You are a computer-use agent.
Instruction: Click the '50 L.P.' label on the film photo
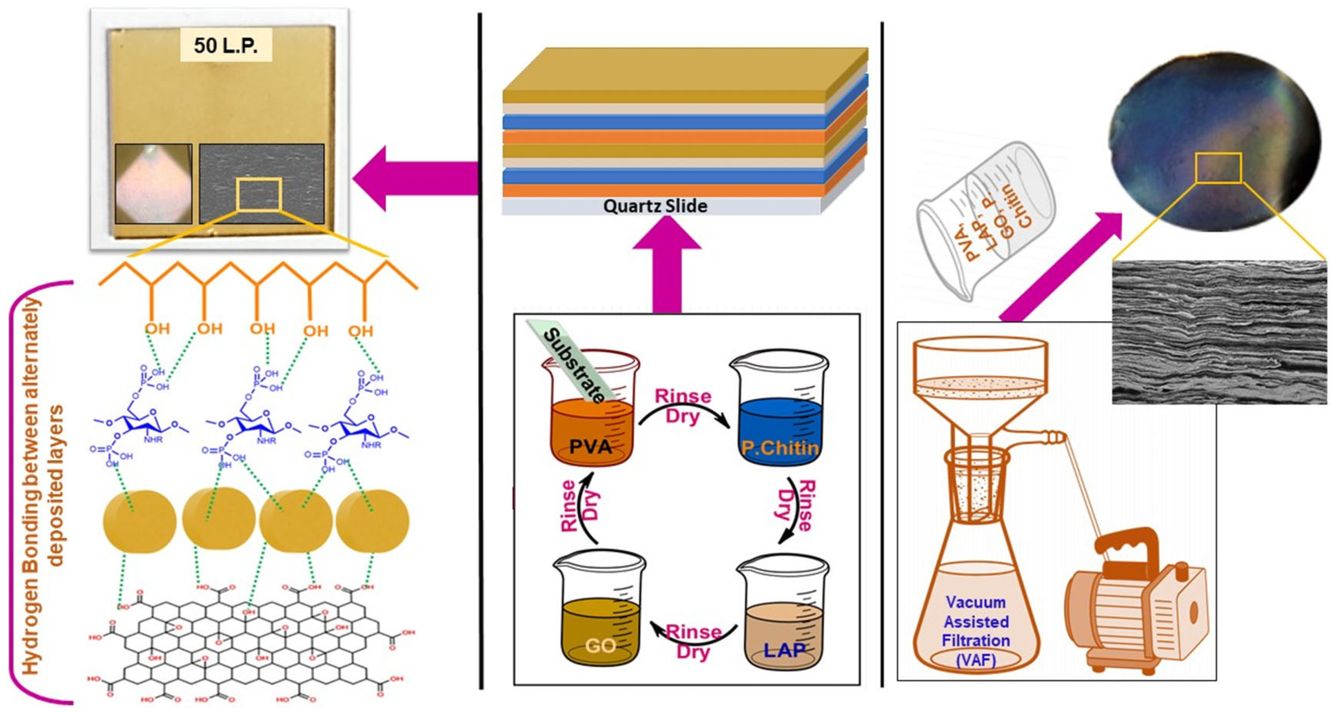tap(225, 46)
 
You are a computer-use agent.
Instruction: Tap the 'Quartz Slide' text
tap(655, 206)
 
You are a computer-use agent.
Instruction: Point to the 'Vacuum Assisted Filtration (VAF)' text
tap(976, 631)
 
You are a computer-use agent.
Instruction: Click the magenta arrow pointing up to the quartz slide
tap(666, 265)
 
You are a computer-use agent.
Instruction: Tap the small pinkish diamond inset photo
tap(153, 184)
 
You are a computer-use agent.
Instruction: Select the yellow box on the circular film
tap(1218, 168)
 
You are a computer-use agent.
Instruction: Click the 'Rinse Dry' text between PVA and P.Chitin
tap(683, 406)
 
